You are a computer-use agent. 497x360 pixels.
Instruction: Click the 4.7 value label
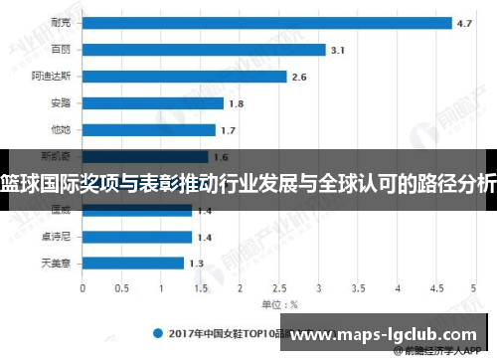click(x=464, y=22)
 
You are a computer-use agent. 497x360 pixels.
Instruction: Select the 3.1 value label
click(x=338, y=49)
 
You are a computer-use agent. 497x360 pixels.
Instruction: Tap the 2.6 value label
click(x=299, y=76)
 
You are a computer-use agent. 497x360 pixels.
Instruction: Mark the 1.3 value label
click(x=196, y=264)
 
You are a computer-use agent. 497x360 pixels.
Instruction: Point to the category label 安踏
click(x=60, y=102)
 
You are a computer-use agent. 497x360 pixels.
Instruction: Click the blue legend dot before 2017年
click(x=156, y=333)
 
